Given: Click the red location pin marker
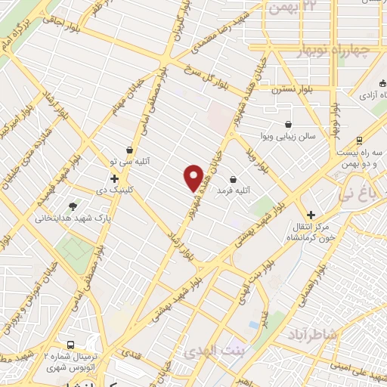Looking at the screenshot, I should coord(193,178).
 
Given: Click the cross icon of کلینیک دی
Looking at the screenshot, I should coord(114,179).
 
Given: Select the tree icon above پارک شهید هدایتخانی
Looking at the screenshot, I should coord(73,206).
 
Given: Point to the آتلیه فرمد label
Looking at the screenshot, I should coord(233,191).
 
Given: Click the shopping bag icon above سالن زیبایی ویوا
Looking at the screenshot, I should coord(288,125).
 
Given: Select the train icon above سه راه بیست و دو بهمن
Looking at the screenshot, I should coord(358,141).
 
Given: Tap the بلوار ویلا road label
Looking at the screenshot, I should coord(256,158).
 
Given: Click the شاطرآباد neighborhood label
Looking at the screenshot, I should coord(311,333).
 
